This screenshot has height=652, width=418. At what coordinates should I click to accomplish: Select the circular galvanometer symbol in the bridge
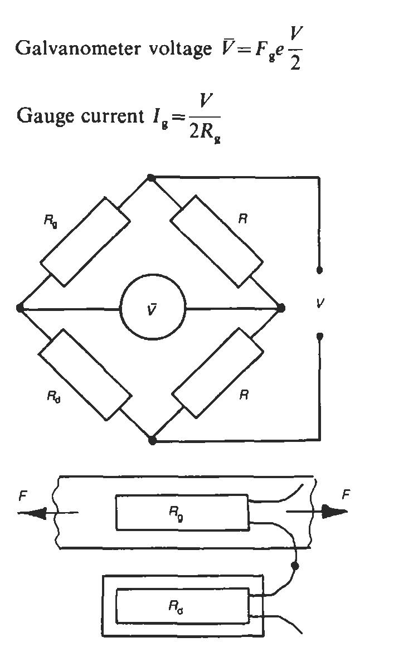(153, 308)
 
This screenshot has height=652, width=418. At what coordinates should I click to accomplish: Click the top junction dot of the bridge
(151, 178)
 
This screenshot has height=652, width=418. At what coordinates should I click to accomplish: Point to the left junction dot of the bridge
(20, 308)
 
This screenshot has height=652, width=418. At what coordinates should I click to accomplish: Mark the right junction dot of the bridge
(281, 308)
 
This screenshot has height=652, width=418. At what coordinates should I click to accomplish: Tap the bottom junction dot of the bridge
(153, 440)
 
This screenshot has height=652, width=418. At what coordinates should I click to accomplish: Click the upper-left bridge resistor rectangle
(85, 242)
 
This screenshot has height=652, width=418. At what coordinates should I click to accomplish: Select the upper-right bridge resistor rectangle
(217, 241)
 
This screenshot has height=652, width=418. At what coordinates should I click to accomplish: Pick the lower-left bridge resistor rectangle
(85, 374)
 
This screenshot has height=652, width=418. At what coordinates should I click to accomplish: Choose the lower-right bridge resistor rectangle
(217, 373)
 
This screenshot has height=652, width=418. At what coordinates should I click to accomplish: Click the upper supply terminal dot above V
(319, 270)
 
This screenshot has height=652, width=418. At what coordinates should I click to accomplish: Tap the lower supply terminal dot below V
(319, 336)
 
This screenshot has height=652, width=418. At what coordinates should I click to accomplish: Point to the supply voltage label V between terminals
(319, 304)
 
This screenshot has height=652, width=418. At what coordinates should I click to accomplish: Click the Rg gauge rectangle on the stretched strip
(182, 512)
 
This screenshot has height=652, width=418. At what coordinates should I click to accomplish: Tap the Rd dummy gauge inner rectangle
(182, 606)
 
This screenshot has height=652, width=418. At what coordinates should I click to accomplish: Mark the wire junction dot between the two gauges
(295, 566)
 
